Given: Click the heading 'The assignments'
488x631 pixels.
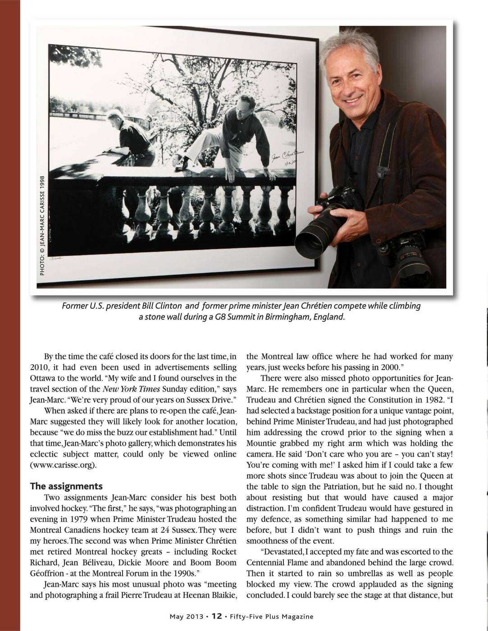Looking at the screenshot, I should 66,486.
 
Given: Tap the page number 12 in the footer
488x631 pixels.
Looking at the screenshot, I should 217,616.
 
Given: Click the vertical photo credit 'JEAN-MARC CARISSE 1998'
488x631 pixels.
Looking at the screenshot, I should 42,225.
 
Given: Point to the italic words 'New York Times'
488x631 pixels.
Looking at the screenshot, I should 129,389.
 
